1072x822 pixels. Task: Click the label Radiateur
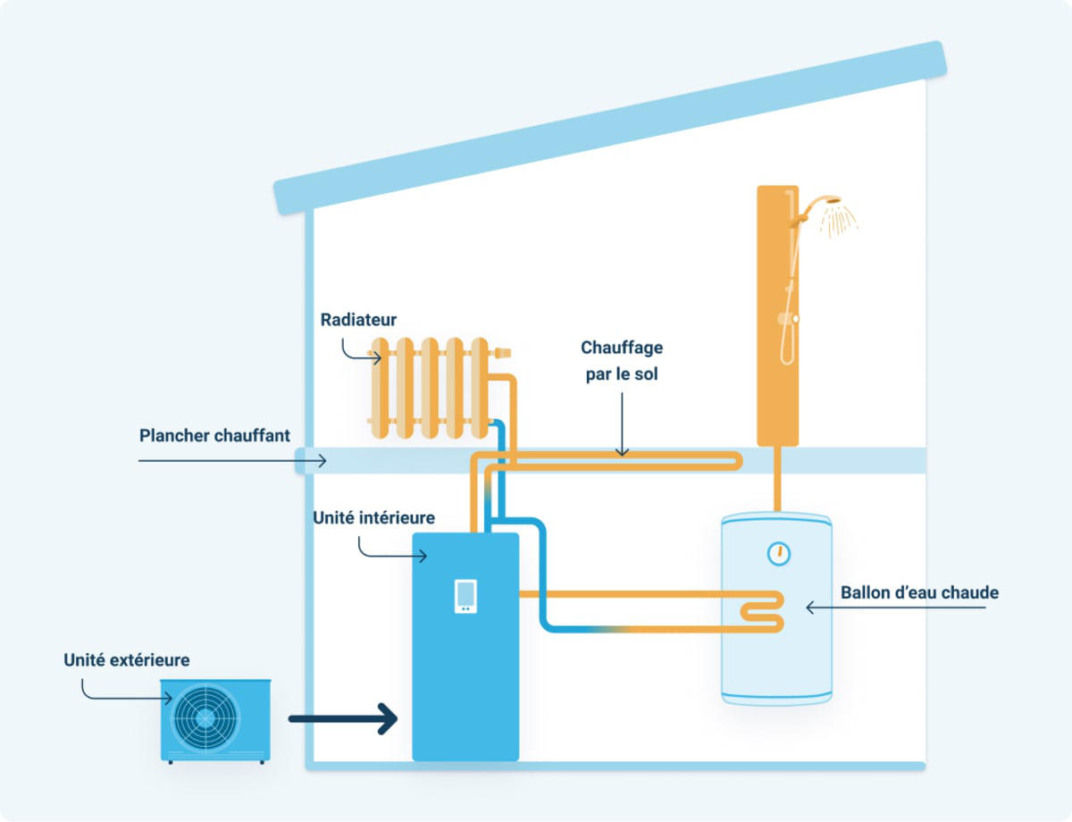click(358, 320)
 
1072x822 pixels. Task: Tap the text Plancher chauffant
click(214, 436)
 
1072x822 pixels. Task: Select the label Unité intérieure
click(374, 517)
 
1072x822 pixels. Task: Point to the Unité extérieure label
click(126, 660)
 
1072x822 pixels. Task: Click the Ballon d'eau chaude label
click(919, 592)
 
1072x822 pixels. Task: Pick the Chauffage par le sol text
click(622, 361)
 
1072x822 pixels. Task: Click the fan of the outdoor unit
click(205, 718)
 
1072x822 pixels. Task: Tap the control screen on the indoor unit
click(465, 596)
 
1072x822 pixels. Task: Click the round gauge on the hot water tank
click(779, 554)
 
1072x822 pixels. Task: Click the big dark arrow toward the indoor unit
click(343, 719)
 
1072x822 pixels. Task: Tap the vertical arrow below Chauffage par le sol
click(622, 424)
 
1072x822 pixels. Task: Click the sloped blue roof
click(610, 129)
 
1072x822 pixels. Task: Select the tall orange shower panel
click(777, 315)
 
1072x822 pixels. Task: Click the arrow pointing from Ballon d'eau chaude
click(895, 608)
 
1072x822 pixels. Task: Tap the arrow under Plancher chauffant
click(232, 461)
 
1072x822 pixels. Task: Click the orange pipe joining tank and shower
click(777, 479)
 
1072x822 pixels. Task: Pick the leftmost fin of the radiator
click(380, 388)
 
